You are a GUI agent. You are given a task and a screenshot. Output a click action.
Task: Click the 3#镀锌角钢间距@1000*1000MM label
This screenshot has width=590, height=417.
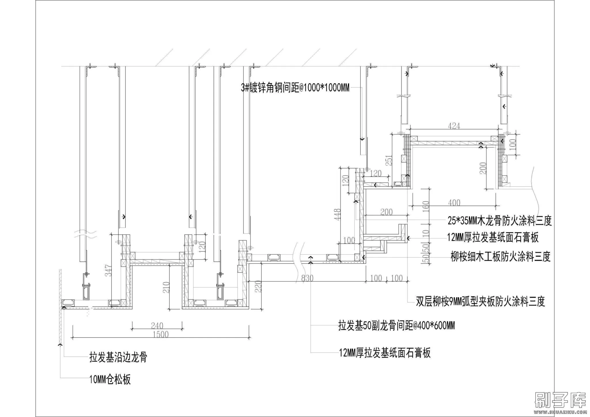pos(295,88)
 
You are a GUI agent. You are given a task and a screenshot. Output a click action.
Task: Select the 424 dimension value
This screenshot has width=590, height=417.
pos(454,126)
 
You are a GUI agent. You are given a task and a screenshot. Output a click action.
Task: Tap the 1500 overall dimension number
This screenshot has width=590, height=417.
pos(161,334)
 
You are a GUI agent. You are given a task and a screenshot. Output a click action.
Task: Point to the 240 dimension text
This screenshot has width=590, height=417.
pos(157,326)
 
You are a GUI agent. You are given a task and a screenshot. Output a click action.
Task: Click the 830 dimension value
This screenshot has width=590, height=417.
pos(307,278)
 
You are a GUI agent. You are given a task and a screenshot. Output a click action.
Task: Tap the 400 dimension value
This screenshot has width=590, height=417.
pos(454,203)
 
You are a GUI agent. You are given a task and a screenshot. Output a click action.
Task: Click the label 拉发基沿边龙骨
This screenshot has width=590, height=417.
pos(118,357)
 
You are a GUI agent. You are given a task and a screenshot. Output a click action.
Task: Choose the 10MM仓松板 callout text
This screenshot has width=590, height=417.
pos(110,380)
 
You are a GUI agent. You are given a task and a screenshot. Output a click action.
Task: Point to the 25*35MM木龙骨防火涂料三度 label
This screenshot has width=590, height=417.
pos(500,221)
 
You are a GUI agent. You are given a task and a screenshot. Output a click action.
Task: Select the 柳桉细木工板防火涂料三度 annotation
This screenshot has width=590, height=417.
pos(500,256)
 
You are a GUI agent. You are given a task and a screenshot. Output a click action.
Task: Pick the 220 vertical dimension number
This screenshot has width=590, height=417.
pos(258,287)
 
